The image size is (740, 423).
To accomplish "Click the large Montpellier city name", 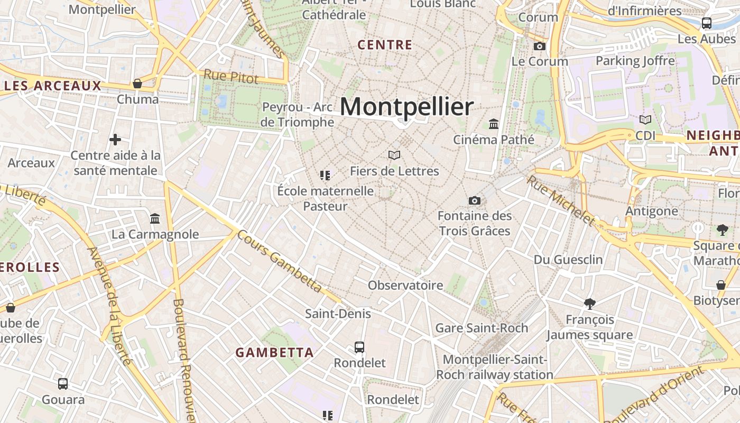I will tap(406, 107).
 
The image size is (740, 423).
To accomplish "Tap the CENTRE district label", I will tap(385, 45).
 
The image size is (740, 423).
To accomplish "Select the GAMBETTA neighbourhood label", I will tap(274, 352).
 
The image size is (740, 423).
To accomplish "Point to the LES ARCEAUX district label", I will tap(52, 86).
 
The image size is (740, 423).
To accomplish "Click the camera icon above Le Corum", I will tap(540, 47).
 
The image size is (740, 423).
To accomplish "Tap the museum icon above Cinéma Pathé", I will tap(494, 124).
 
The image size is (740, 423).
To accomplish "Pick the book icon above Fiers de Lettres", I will tap(394, 155).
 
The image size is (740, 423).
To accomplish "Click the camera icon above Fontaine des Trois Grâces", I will tap(475, 200).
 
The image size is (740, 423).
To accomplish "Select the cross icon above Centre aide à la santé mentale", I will tap(115, 140).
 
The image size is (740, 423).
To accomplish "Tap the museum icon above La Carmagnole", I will tap(155, 218).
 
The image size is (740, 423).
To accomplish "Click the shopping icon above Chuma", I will tap(137, 84).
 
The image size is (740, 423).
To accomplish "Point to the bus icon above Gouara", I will tap(63, 384).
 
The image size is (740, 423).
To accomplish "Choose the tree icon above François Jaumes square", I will tap(590, 304).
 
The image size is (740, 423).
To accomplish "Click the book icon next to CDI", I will tap(645, 120).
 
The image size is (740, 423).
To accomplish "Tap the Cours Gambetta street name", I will tap(279, 261).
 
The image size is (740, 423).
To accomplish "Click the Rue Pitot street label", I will tap(231, 77).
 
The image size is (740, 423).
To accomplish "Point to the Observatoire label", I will tap(405, 286).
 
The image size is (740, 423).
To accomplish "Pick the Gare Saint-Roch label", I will tap(482, 328).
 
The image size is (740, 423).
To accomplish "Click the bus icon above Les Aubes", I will tap(707, 23).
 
